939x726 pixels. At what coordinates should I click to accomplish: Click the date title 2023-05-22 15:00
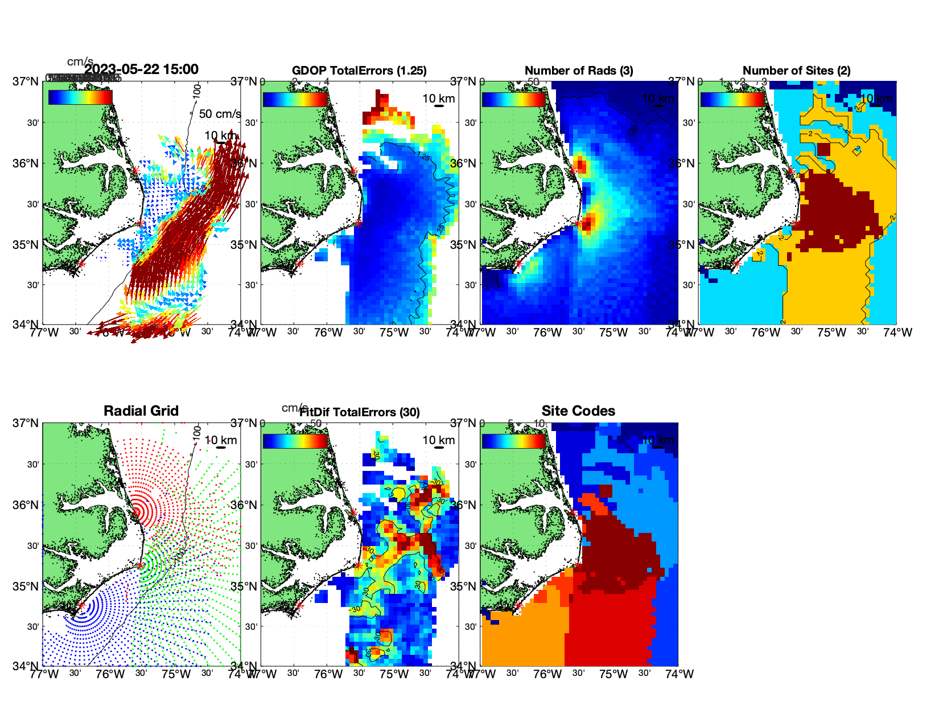click(x=141, y=69)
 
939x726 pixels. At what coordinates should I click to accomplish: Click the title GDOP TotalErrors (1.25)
click(x=359, y=71)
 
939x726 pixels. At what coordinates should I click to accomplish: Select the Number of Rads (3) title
click(x=579, y=71)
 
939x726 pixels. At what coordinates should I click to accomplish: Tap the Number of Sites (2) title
click(x=796, y=71)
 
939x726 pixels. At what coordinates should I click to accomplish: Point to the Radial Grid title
click(x=141, y=411)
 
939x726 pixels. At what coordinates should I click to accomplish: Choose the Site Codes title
click(x=578, y=411)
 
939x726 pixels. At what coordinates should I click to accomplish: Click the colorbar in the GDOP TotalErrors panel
click(x=295, y=99)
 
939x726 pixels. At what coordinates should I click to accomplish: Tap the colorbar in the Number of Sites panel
click(x=732, y=99)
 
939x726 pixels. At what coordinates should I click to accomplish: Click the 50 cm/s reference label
click(x=220, y=114)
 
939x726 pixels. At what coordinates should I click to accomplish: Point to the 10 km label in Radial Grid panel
click(x=221, y=440)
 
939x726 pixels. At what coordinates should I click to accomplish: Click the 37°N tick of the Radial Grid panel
click(x=26, y=423)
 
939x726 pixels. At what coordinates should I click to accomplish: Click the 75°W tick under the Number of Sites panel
click(x=831, y=333)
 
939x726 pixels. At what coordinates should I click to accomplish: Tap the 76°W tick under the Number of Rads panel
click(x=547, y=333)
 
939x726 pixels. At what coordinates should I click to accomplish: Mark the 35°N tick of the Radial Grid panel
click(x=26, y=586)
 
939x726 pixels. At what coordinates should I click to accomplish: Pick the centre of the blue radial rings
click(x=81, y=606)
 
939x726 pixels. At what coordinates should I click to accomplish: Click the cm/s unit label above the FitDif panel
click(x=294, y=408)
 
